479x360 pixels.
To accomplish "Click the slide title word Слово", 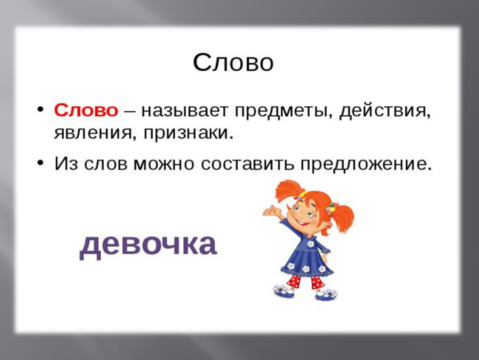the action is (x=233, y=62).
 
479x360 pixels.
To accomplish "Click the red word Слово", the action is (x=86, y=110).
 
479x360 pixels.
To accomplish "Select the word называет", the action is (x=185, y=111).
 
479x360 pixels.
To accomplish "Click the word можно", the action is (x=164, y=164).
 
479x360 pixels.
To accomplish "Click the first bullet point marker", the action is (x=40, y=110).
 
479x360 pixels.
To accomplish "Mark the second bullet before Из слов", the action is (x=40, y=163).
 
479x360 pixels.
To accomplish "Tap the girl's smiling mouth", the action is (x=304, y=224).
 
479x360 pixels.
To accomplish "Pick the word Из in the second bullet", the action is (x=66, y=164).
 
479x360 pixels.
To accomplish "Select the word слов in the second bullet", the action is (x=106, y=164).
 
